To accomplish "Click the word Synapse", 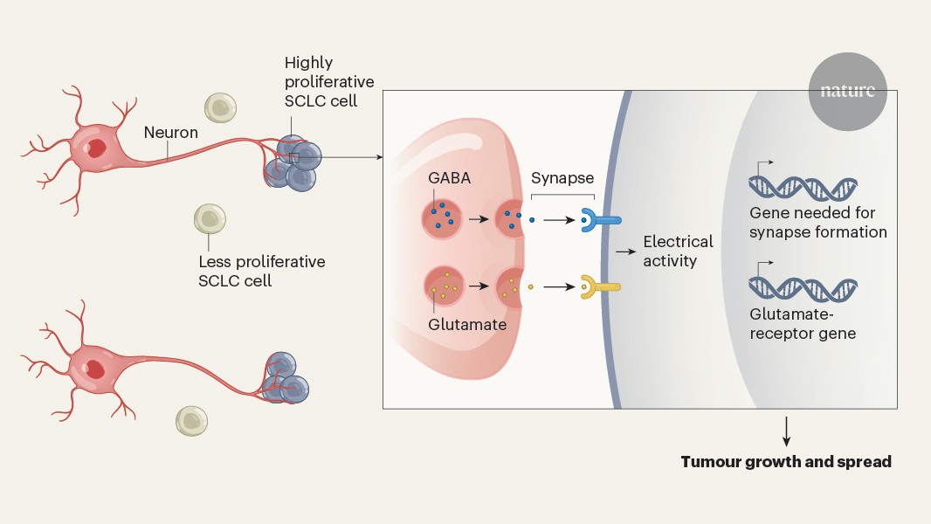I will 562,178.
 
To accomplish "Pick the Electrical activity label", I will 678,251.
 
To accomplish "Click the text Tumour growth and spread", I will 786,462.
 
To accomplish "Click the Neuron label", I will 171,133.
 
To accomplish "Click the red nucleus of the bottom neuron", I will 94,369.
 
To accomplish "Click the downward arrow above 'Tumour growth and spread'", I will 787,431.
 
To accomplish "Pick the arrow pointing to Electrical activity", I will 624,252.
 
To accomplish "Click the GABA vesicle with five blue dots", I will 443,216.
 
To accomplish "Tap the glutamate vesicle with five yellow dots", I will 443,286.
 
